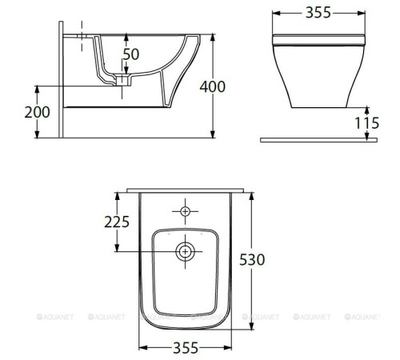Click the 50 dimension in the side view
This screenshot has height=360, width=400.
pyautogui.click(x=131, y=54)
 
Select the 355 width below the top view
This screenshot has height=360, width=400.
pyautogui.click(x=185, y=348)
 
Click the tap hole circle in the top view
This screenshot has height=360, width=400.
pyautogui.click(x=186, y=212)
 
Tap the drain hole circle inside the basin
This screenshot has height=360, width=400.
pyautogui.click(x=186, y=251)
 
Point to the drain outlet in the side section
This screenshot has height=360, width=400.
pyautogui.click(x=122, y=81)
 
